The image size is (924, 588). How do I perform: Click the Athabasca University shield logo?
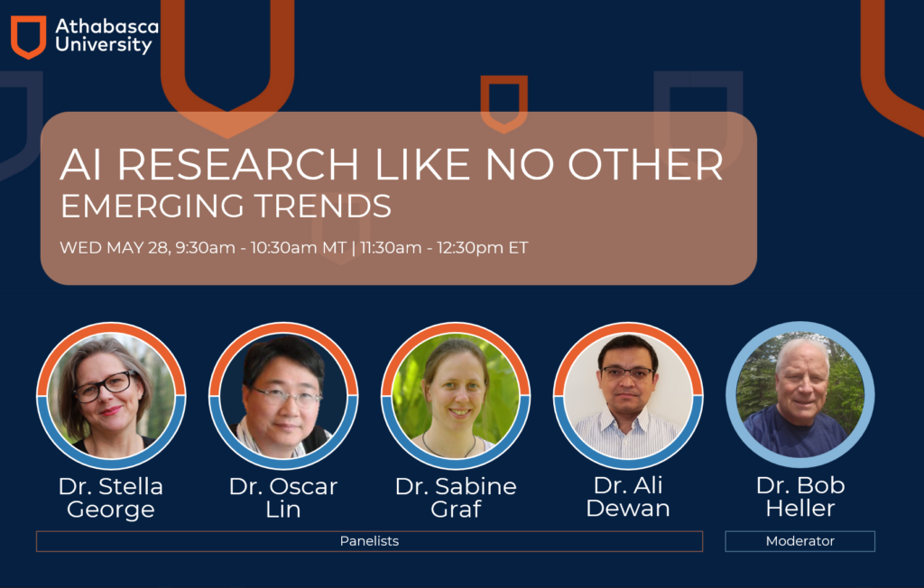pos(28,37)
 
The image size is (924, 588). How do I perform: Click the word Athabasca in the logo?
pos(106,26)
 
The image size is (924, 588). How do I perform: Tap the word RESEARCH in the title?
pos(238,164)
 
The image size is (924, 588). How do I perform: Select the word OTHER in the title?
pos(645,164)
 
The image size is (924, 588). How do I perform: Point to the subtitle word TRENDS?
pos(323,207)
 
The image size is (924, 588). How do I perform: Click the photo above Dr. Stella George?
pos(111,396)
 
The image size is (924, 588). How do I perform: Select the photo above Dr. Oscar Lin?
pos(283,396)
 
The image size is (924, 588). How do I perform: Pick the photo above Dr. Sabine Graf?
pos(456,396)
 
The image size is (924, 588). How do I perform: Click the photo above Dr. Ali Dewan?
pos(628,396)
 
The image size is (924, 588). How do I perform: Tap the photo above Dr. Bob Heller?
pos(800,395)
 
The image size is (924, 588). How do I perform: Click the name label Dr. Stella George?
pos(111,498)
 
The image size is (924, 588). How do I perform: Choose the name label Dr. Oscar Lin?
pos(283,498)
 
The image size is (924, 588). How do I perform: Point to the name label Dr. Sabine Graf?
pos(456,498)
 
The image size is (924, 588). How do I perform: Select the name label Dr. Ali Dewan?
pos(628,497)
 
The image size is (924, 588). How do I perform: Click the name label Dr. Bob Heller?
pos(800,497)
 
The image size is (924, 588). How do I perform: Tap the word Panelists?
pos(369,541)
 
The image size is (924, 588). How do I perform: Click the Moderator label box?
pos(800,541)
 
